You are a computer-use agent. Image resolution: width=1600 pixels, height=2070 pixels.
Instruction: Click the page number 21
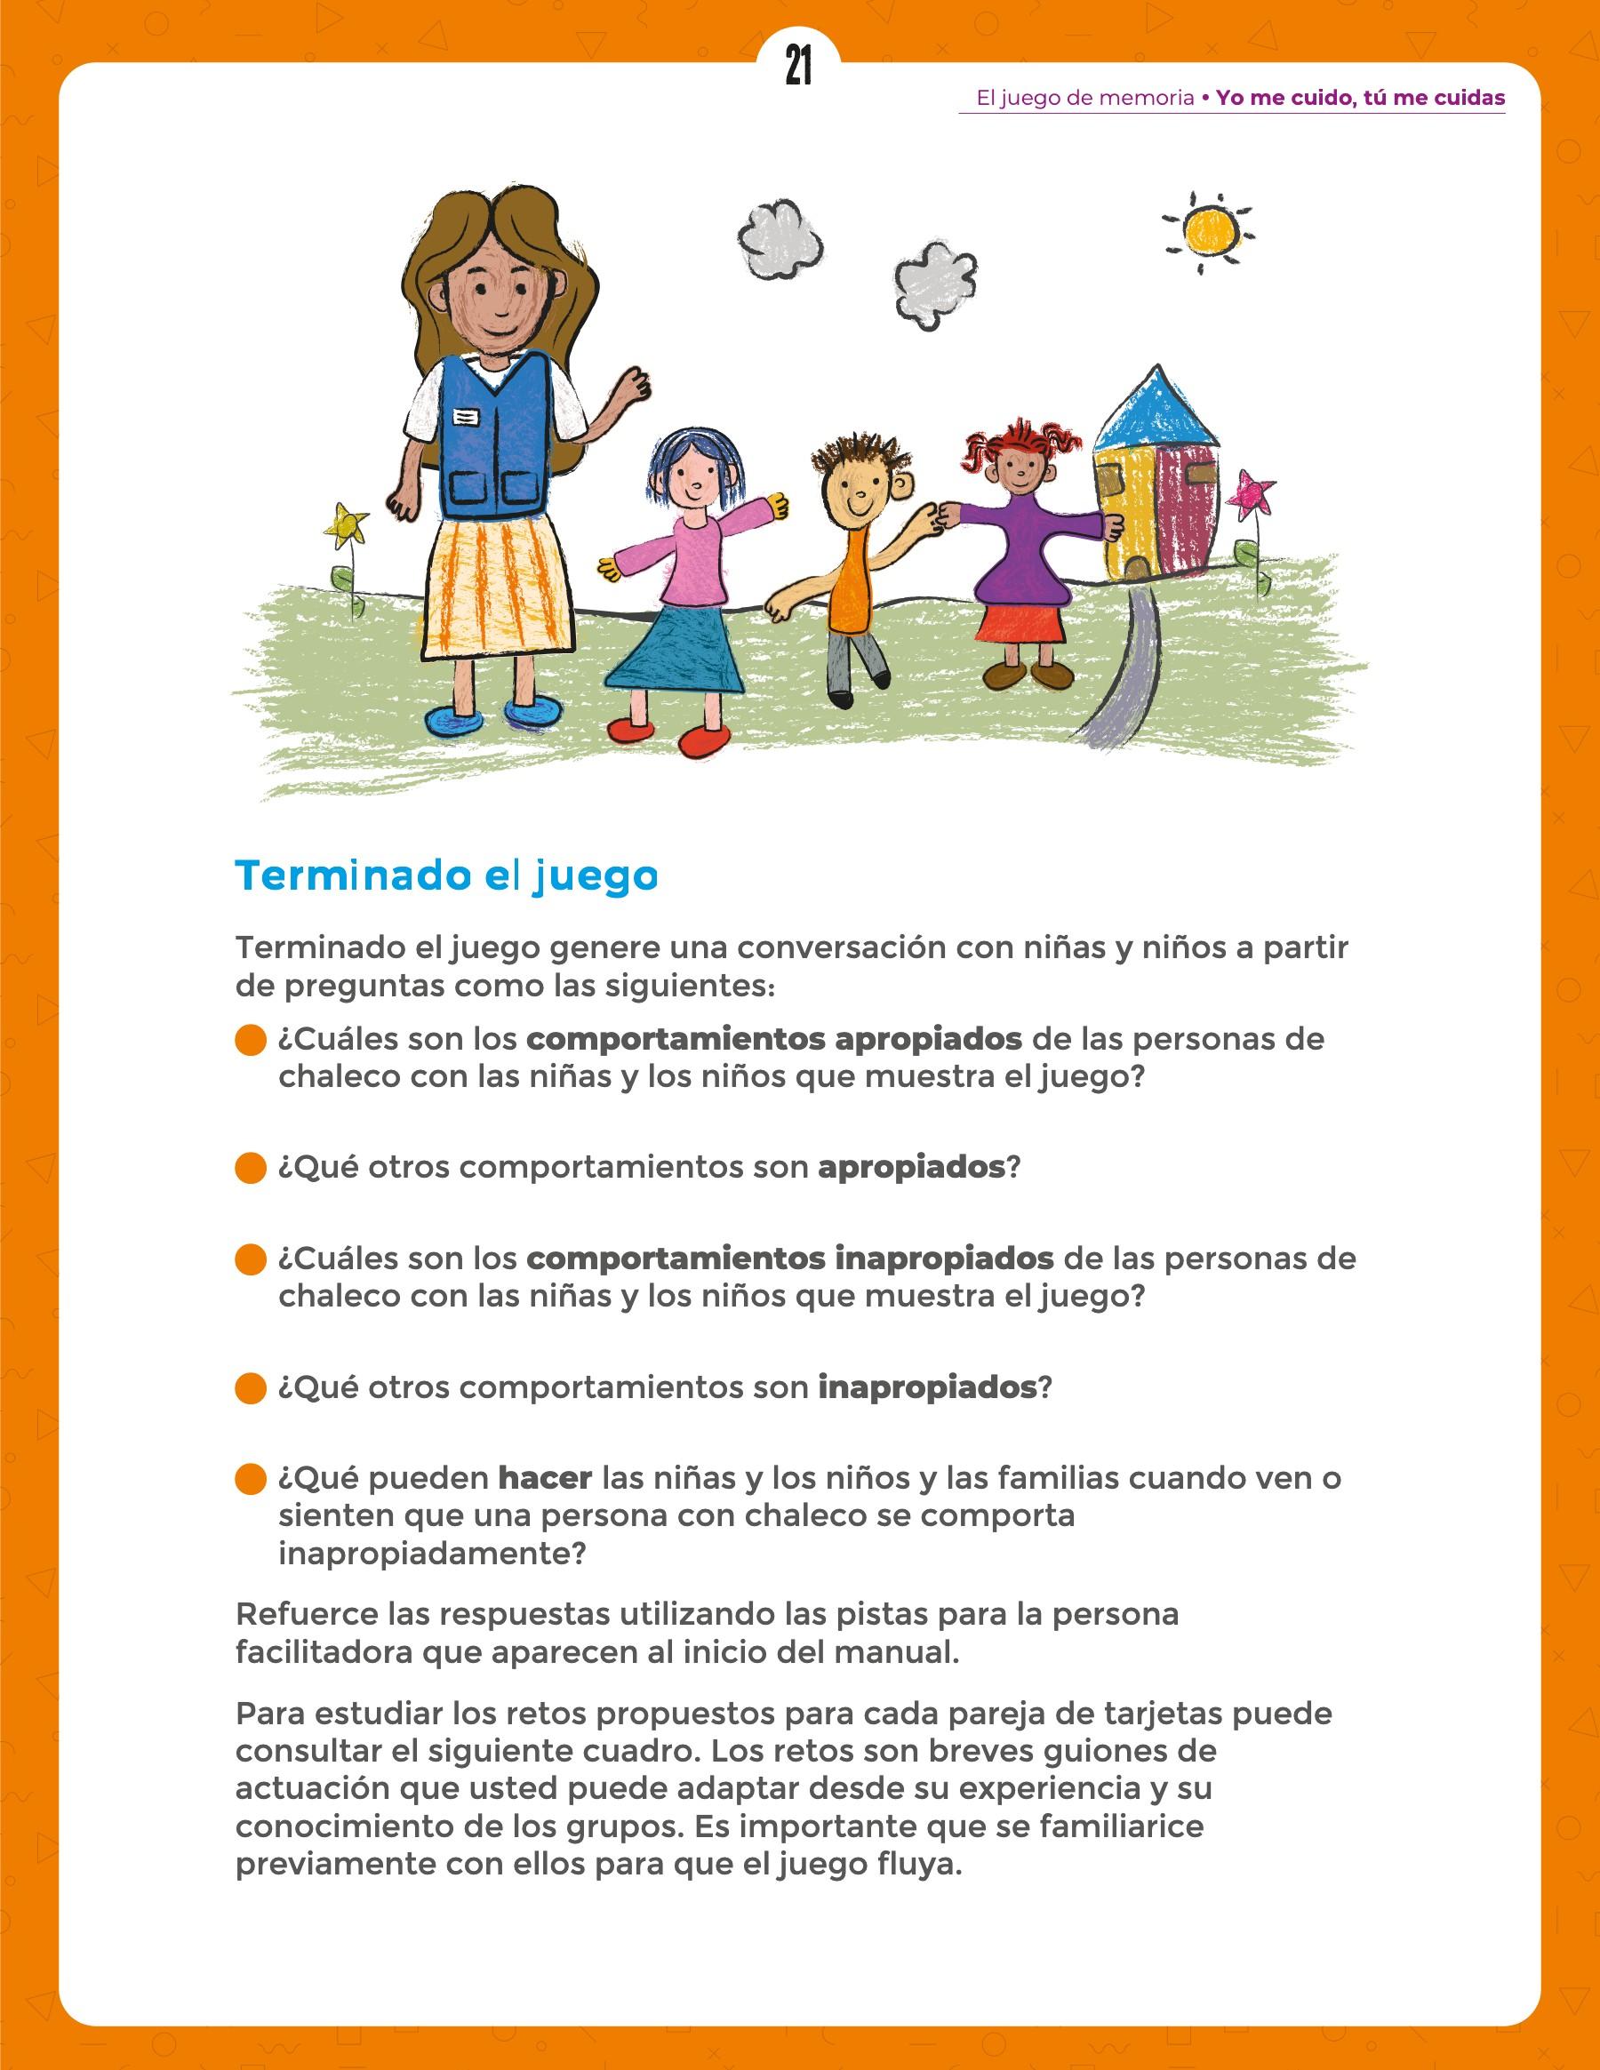pos(798,68)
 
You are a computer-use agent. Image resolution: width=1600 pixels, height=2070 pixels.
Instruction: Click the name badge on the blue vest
pos(466,416)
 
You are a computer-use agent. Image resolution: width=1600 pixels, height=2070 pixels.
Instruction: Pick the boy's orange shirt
pos(847,580)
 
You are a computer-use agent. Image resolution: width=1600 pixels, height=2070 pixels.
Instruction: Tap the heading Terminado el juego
pos(445,875)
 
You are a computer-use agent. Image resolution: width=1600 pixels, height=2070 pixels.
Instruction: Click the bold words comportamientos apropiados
pos(773,1039)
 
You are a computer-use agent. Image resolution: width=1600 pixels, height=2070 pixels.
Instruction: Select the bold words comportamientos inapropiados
pos(789,1259)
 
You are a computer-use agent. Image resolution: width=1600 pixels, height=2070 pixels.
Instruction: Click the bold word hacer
pos(545,1478)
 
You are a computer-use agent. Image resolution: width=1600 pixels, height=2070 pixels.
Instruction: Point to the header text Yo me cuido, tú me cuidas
pos(1360,98)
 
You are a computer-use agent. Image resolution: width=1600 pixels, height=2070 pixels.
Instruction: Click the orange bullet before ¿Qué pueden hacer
pos(251,1480)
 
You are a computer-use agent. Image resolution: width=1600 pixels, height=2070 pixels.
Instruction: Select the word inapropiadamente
pos(431,1554)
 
